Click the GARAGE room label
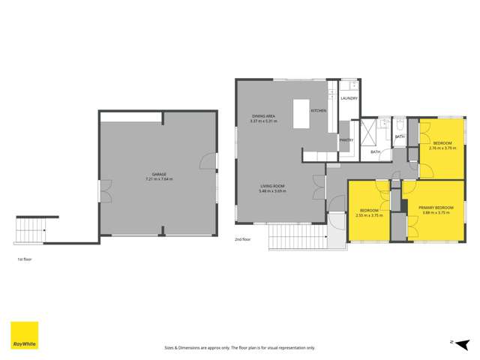point(157,175)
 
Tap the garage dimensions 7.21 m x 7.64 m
point(159,180)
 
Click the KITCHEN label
point(319,111)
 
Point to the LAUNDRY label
point(349,98)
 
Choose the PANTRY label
point(346,139)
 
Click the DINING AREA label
point(264,115)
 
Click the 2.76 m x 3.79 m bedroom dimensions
point(442,148)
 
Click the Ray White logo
point(24,335)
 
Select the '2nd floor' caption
point(243,241)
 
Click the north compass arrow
point(454,342)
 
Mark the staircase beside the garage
point(31,226)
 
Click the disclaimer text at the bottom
point(239,348)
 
